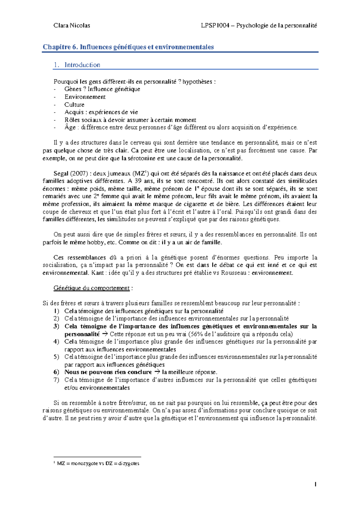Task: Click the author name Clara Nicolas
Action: [72, 25]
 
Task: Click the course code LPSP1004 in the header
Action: [215, 25]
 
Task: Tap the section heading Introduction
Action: [82, 65]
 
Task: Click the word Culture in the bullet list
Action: [74, 105]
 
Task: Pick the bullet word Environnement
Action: [85, 97]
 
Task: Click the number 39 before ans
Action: [138, 181]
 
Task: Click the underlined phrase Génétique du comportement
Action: [91, 288]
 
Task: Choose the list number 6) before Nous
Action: [56, 372]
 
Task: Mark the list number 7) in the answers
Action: [56, 380]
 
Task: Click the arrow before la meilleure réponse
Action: [157, 372]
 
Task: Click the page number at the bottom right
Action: [316, 485]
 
